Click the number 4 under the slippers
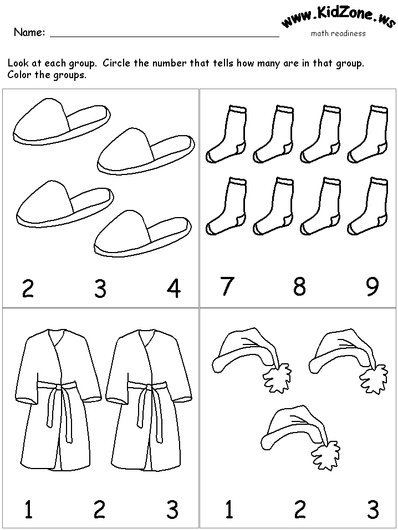click(174, 289)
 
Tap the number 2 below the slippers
click(28, 289)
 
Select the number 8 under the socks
click(299, 286)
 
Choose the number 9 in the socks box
click(373, 286)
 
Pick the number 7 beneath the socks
click(227, 286)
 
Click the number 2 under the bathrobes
click(100, 510)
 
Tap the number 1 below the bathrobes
click(28, 510)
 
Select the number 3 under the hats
click(373, 510)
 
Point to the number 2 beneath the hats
click(300, 510)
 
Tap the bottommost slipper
click(142, 234)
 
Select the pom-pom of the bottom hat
click(325, 455)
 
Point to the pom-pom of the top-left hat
click(277, 378)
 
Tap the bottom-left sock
click(226, 205)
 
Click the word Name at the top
click(29, 33)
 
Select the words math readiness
click(338, 33)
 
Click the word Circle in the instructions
click(116, 63)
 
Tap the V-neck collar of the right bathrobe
click(147, 338)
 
